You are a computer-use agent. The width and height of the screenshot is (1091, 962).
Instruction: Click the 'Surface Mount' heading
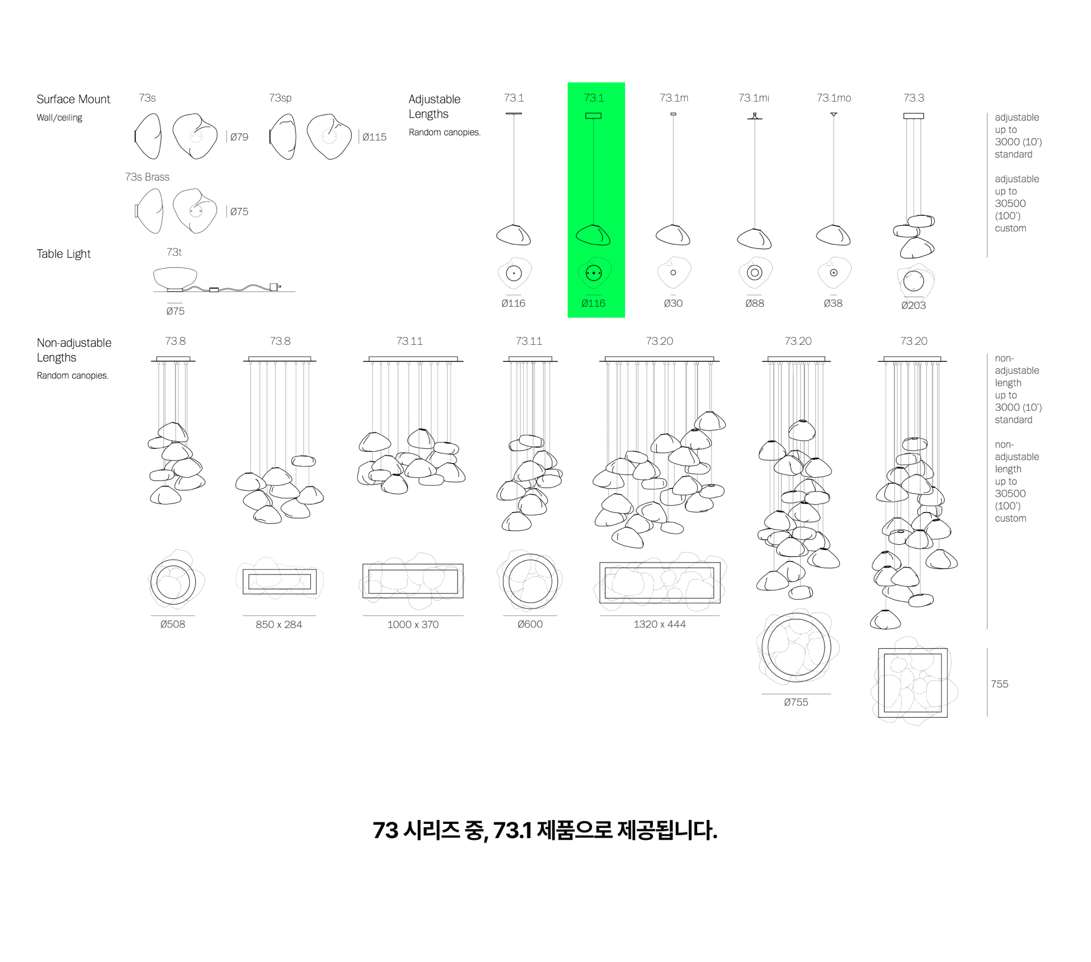[x=73, y=99]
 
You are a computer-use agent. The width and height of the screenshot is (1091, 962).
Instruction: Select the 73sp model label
[x=280, y=98]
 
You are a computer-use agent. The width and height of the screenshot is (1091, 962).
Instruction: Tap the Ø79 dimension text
[x=239, y=137]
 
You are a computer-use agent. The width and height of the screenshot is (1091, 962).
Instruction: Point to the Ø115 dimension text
[x=374, y=137]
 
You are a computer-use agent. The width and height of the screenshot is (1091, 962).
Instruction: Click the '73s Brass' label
[x=147, y=177]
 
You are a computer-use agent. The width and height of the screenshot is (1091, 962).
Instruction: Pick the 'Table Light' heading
[x=64, y=253]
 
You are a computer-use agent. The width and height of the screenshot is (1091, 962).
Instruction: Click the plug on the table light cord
[x=275, y=287]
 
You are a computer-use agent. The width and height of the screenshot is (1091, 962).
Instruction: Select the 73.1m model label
[x=674, y=98]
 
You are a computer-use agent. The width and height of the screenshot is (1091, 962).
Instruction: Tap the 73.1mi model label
[x=754, y=98]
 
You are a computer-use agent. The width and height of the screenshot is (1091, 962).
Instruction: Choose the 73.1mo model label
[x=834, y=98]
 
